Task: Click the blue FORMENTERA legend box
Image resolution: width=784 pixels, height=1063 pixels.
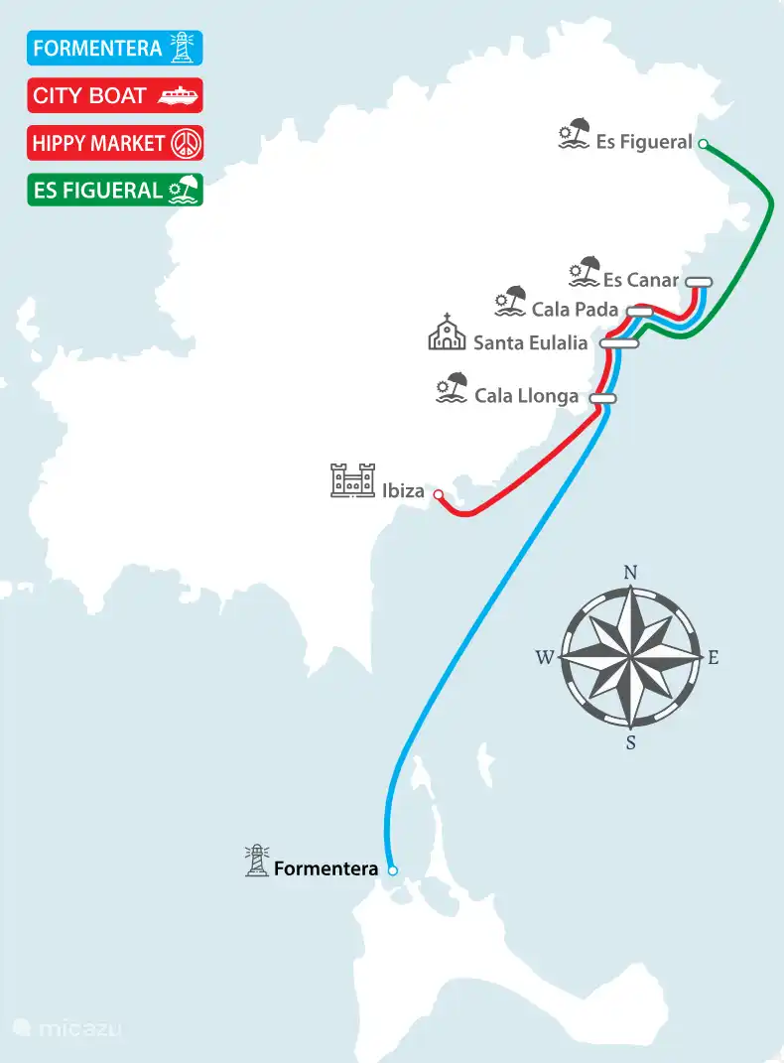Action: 115,48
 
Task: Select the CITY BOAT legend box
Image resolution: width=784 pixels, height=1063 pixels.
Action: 115,95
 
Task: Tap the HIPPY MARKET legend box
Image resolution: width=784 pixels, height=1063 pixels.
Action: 115,143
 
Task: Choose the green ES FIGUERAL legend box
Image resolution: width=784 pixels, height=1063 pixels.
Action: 115,190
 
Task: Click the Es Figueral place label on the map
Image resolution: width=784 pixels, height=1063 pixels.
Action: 644,142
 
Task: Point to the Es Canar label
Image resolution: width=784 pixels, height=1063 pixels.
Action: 640,280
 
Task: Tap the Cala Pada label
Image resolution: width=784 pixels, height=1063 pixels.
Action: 575,310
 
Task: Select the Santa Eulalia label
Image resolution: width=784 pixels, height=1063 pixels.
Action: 530,343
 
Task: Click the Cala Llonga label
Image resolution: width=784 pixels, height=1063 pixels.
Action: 526,396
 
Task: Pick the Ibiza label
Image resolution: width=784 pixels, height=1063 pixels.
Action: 403,490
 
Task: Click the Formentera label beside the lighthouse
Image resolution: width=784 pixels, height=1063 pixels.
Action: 326,869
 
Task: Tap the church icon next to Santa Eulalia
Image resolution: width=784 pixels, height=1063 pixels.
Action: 447,332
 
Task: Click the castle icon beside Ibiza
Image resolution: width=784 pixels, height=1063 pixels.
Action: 352,480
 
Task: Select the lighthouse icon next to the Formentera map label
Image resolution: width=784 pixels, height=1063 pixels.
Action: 258,861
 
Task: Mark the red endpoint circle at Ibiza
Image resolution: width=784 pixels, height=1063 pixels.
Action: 438,493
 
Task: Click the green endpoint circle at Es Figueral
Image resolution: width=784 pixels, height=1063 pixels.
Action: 703,144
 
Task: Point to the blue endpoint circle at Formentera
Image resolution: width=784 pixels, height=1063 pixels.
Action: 392,870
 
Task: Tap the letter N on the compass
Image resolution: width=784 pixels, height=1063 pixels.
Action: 629,572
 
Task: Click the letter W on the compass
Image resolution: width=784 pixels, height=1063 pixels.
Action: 544,657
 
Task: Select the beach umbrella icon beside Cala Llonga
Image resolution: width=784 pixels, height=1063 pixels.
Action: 453,388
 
